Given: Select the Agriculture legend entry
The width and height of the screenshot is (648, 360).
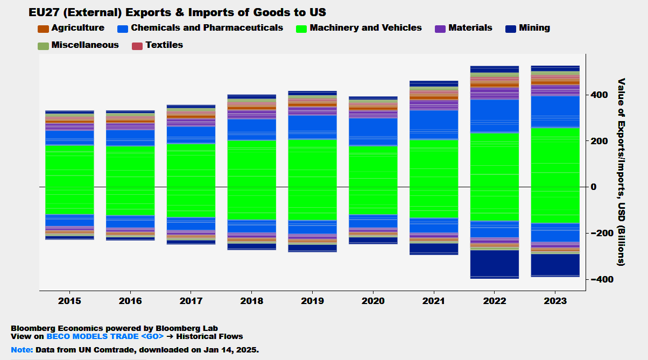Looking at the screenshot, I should pos(71,28).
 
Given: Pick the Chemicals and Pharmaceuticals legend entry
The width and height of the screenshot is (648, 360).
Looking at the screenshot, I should pos(200,28).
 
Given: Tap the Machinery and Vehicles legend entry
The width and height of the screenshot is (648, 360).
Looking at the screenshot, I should pos(359,28).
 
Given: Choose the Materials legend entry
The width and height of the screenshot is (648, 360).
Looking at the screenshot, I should pos(463,28).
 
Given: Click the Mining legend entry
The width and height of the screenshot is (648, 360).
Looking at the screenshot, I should pos(528,28).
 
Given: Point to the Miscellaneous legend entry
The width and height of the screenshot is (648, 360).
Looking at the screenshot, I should pos(78,45).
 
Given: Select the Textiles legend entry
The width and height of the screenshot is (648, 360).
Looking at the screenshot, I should pos(158,45).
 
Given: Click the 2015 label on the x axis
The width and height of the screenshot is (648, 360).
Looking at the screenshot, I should pos(69,301).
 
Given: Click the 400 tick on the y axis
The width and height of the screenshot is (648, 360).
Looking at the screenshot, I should pos(600,95).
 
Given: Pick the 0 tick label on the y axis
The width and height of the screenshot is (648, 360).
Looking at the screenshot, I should pos(594,187).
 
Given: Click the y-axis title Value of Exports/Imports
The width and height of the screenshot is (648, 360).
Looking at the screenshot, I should pos(621,172).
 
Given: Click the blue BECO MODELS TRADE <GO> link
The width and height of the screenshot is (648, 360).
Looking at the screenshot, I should pos(105,337).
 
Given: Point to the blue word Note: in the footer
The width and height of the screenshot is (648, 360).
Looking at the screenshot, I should pos(22,350).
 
